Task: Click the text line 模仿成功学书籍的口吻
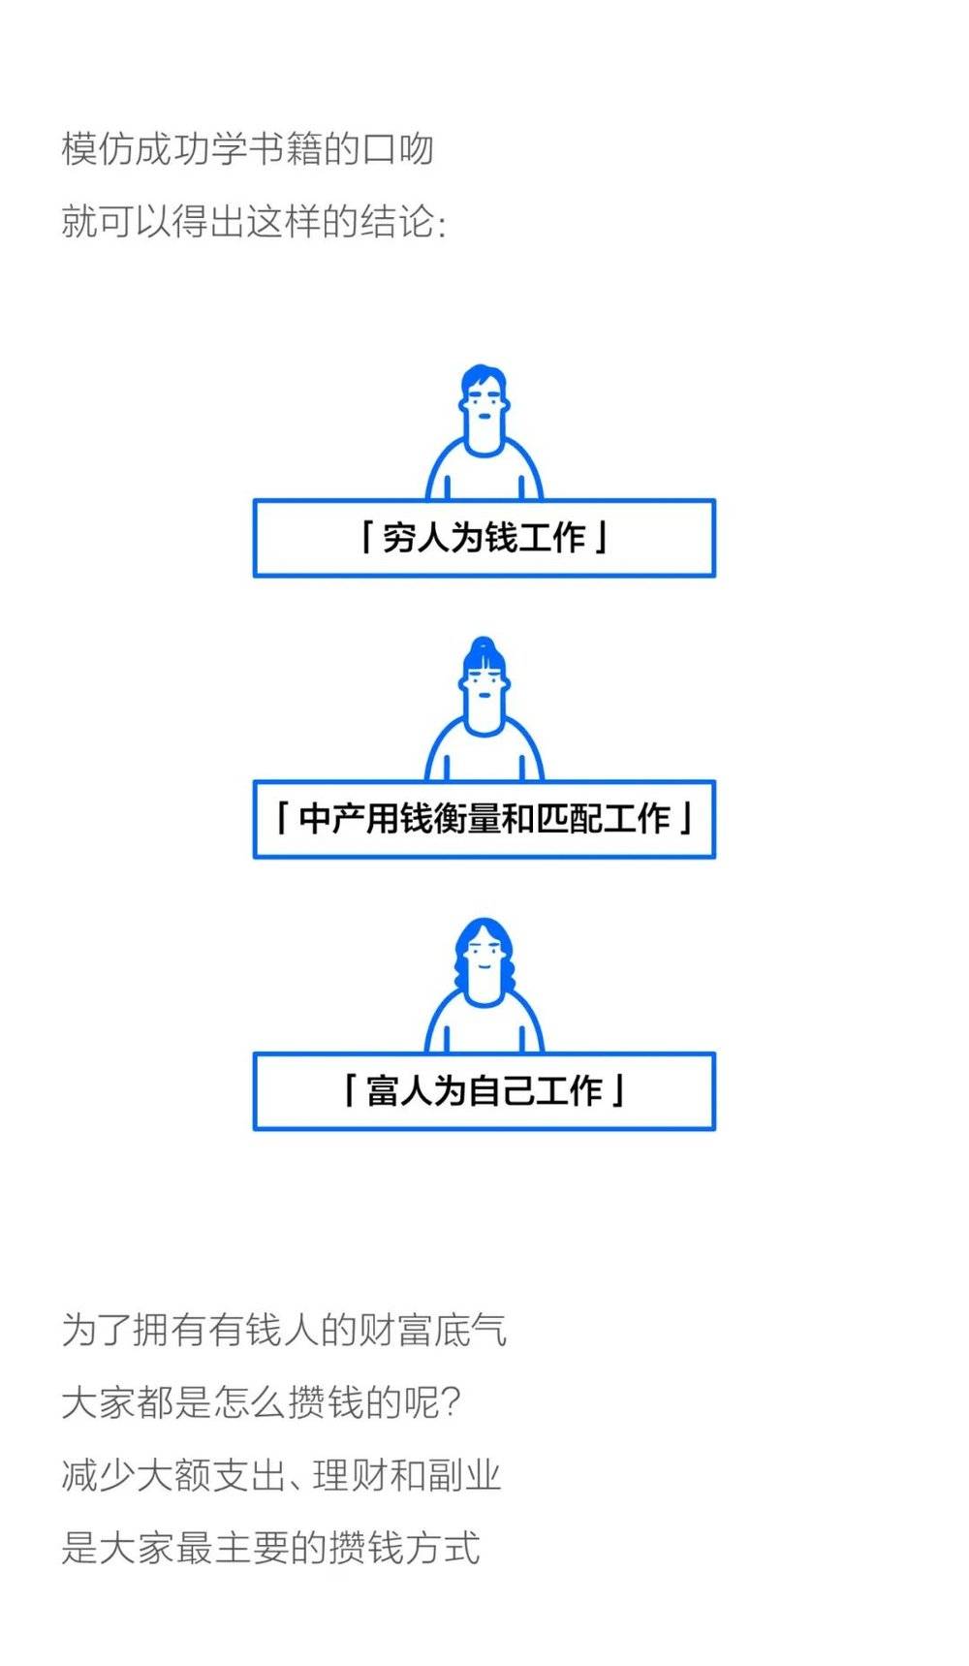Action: [x=247, y=149]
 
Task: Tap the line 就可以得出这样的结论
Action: [x=254, y=222]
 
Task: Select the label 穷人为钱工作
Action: [x=484, y=537]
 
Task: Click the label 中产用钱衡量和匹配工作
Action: [x=484, y=819]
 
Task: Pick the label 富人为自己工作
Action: [x=484, y=1091]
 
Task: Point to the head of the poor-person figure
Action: [x=484, y=408]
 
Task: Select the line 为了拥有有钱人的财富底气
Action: [x=284, y=1329]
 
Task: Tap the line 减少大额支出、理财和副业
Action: [x=281, y=1475]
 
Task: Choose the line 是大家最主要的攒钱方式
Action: [x=270, y=1548]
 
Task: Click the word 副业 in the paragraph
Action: [x=464, y=1475]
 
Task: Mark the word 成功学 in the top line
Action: [x=191, y=149]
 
